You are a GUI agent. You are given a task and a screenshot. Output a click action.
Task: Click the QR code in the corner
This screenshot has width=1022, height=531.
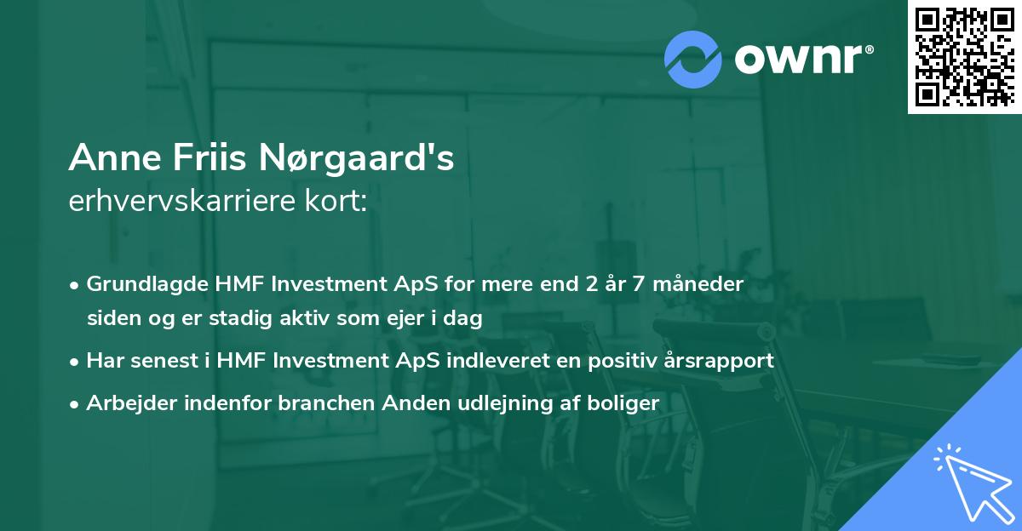964,56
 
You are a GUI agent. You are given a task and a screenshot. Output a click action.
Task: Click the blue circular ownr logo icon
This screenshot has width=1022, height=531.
693,59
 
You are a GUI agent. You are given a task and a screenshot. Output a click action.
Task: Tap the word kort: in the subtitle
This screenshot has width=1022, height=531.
338,203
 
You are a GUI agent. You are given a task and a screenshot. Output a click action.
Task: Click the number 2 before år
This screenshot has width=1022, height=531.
591,284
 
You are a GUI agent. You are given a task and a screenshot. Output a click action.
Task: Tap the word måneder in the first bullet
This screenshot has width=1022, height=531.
700,284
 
